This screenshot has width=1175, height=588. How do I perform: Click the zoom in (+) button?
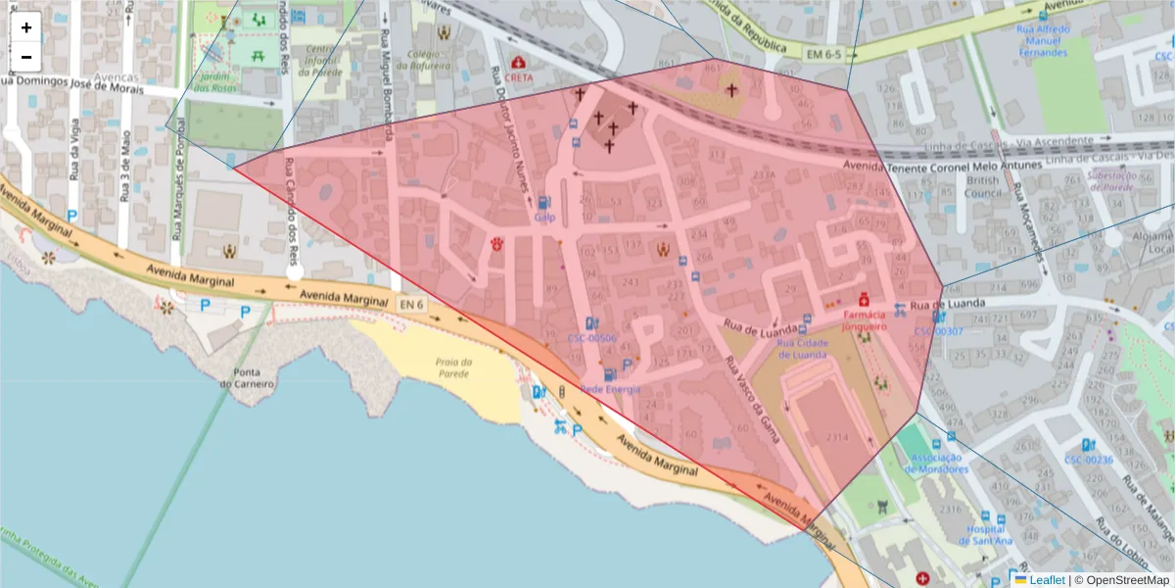[x=26, y=27]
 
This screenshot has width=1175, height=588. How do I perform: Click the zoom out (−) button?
[x=26, y=57]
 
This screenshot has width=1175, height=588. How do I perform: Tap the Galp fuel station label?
[x=545, y=217]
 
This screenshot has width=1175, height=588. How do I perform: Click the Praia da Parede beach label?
[x=454, y=367]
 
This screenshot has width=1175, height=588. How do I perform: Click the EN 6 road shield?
[x=412, y=305]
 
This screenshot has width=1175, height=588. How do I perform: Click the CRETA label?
[x=520, y=76]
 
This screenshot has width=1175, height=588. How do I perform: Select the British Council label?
[x=982, y=186]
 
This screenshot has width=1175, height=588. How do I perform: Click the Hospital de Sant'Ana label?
[x=989, y=535]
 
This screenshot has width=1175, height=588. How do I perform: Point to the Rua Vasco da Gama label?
[x=753, y=402]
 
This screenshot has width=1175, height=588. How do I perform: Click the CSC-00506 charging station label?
[x=591, y=338]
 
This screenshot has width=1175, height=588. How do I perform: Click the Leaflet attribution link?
[x=1046, y=580]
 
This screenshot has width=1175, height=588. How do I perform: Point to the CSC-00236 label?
[x=1089, y=460]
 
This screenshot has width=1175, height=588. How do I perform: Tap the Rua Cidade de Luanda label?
[x=803, y=348]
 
